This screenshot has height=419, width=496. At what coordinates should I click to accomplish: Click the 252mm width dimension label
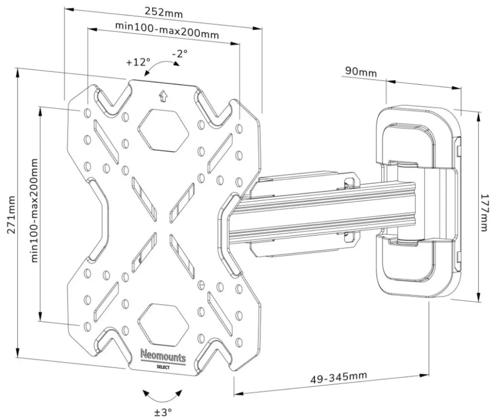pos(164,12)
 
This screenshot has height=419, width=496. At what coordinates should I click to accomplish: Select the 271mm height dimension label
pos(11,215)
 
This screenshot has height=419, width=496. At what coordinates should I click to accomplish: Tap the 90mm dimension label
pos(361,72)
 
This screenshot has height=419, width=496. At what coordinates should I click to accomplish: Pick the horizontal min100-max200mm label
pos(167,31)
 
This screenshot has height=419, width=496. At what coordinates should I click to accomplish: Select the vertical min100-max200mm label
pos(34,210)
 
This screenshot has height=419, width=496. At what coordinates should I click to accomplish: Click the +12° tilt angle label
pos(138,62)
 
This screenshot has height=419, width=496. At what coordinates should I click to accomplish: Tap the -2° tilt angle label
pos(180,53)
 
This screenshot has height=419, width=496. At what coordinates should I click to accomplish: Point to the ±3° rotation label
pos(163,412)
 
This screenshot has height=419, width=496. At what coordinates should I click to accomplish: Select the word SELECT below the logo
pos(163,367)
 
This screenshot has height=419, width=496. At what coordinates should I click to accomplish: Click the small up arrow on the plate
pos(163,96)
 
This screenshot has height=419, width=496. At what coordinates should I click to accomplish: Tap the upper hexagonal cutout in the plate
pos(163,130)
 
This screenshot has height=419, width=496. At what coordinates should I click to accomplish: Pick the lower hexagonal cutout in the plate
pos(163,324)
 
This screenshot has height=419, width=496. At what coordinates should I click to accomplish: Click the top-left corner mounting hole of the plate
pos(87,113)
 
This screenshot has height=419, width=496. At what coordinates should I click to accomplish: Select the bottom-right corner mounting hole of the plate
pos(239,342)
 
